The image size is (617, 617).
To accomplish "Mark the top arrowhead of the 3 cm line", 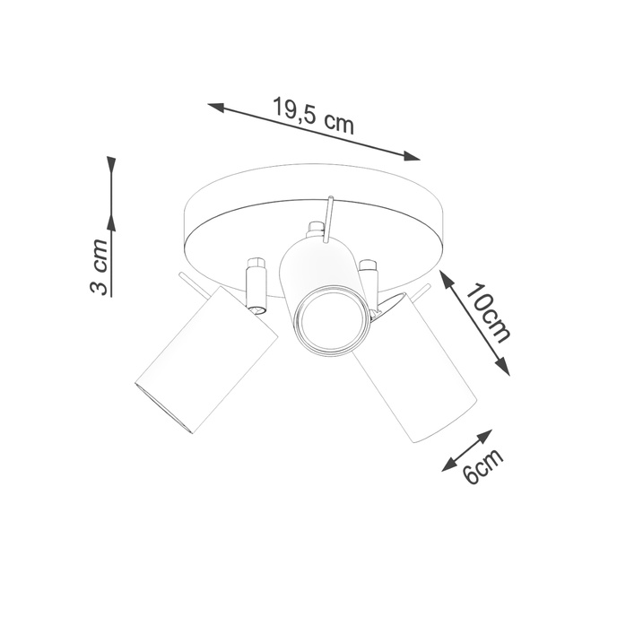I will (x=111, y=165).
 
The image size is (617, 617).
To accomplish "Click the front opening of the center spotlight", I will (x=330, y=320).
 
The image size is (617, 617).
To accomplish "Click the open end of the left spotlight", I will (x=163, y=405).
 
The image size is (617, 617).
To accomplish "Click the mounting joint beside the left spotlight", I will (x=256, y=285).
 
